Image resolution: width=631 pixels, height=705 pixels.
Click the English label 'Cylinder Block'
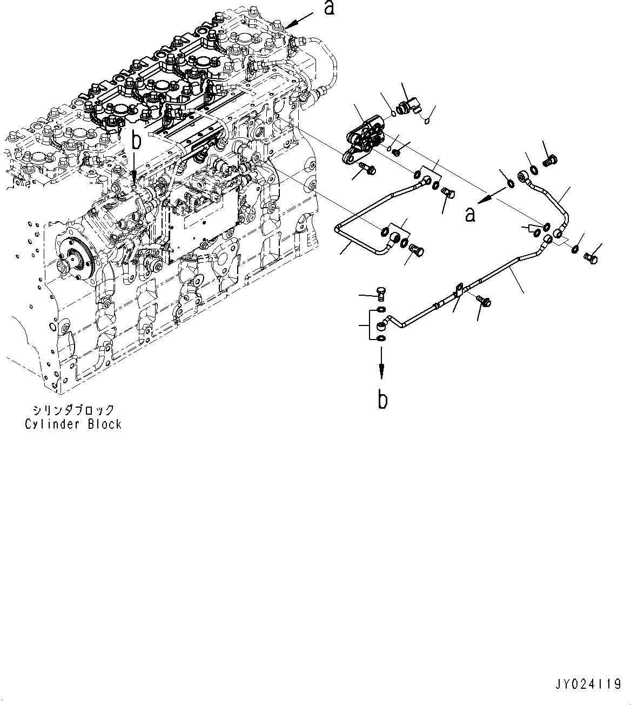pos(73,424)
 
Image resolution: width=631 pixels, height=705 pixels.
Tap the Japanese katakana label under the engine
pos(73,410)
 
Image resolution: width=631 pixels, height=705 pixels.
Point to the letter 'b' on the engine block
pos(137,142)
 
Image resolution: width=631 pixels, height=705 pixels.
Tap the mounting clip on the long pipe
pos(460,290)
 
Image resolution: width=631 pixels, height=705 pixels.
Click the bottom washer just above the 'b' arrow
pos(382,339)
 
